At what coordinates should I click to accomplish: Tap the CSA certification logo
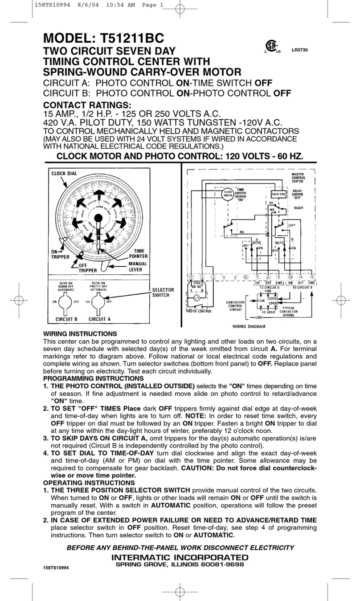[x=269, y=47]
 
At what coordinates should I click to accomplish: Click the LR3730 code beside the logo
[x=299, y=49]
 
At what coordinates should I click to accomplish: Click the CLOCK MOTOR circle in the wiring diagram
[x=227, y=194]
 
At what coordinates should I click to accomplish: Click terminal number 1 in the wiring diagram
[x=191, y=277]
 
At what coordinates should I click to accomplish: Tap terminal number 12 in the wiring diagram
[x=312, y=277]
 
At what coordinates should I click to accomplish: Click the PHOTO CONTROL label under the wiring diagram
[x=199, y=311]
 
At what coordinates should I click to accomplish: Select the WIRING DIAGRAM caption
[x=249, y=326]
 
